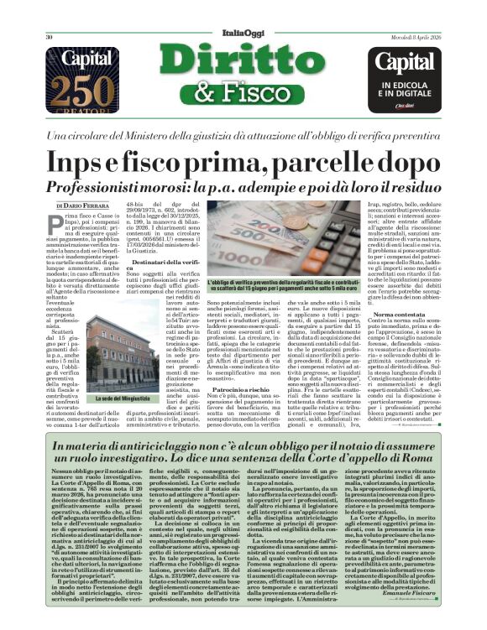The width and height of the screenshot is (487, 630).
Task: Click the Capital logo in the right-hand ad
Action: [x=406, y=63]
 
